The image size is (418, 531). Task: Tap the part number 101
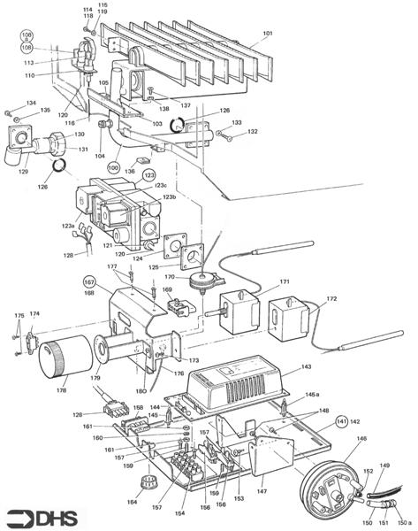point(267,36)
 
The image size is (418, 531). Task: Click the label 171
point(285,282)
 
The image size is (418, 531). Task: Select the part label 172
point(331,299)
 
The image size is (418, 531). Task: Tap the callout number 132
point(253,132)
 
